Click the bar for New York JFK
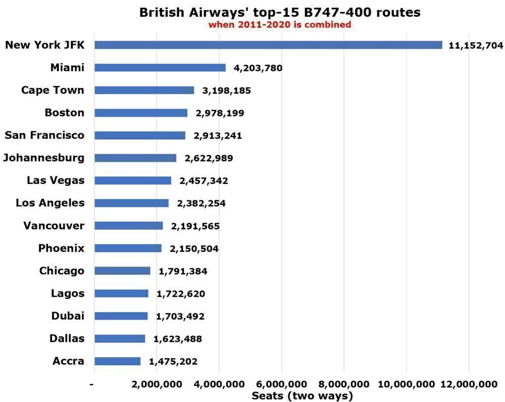(x=268, y=45)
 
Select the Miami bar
(x=160, y=68)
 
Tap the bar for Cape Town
(x=144, y=90)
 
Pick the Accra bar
(x=117, y=361)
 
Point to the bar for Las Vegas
(x=132, y=180)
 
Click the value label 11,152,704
(x=476, y=45)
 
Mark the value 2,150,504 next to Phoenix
(x=194, y=248)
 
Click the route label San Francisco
(x=44, y=135)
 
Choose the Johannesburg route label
(x=43, y=158)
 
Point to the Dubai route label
(x=68, y=316)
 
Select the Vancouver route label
(x=54, y=226)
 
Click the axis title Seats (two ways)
(x=302, y=396)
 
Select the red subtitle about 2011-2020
(x=280, y=24)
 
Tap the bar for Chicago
(x=122, y=271)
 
